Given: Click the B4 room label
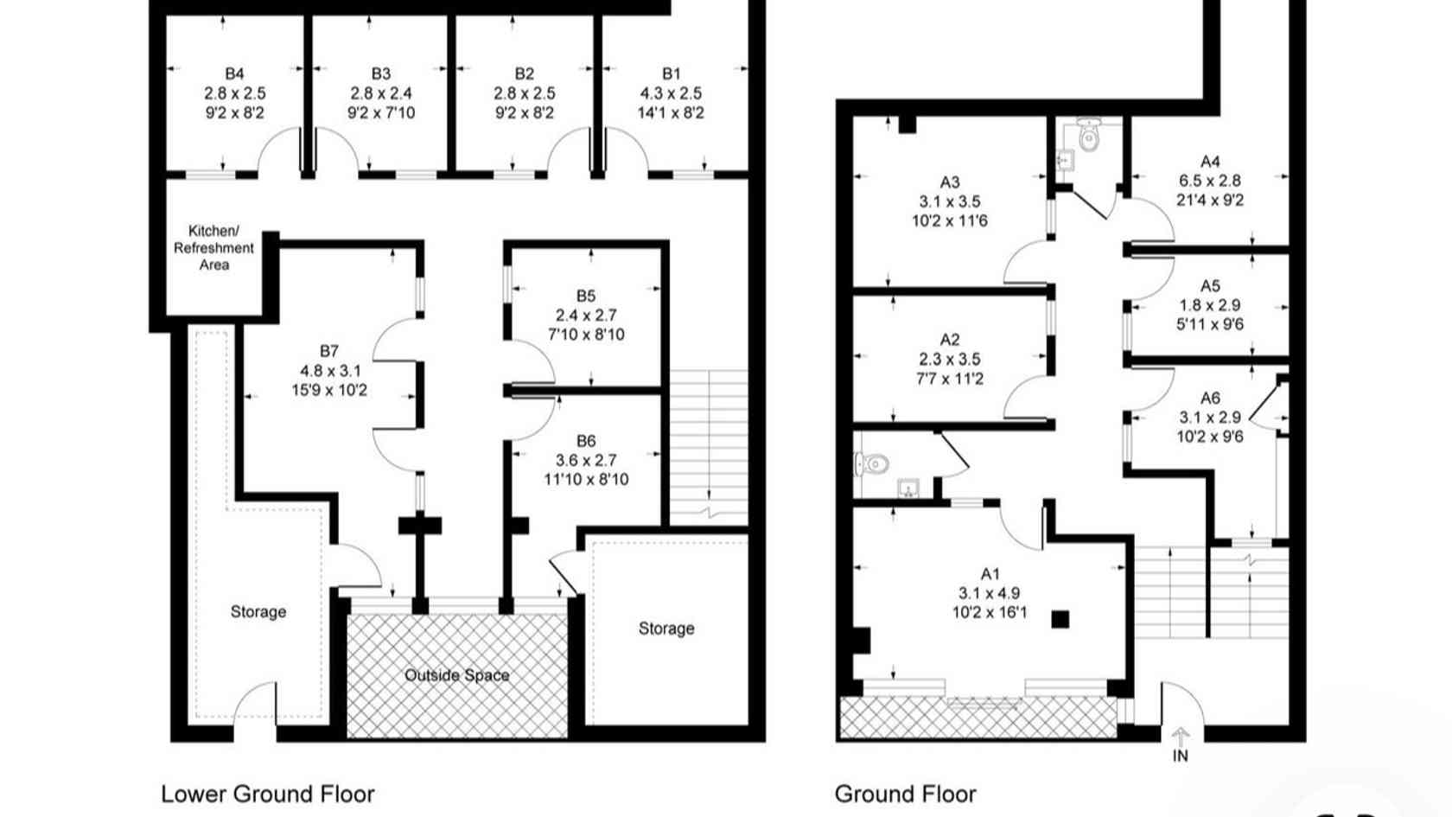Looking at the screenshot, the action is pos(235,73).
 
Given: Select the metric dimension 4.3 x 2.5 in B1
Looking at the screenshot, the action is pos(671,93).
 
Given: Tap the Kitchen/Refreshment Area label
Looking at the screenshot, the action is pos(214,247).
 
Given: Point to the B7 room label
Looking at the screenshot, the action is pos(329,351).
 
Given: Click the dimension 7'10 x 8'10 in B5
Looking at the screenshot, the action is pos(586,335).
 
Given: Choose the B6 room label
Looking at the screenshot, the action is pos(586,441).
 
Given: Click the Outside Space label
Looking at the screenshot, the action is pos(457,676).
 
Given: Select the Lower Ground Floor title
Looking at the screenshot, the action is pos(268,794).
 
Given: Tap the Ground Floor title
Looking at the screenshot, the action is pos(906,794).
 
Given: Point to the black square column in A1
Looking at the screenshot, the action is pos(1060,619).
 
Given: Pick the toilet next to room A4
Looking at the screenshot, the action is pos(1088,134).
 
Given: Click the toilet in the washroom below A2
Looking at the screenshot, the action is pos(872,463).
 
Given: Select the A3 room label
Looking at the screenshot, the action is pos(950,182).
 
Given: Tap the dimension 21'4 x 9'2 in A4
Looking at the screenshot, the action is pos(1210,201).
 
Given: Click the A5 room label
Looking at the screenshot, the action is pos(1210,286).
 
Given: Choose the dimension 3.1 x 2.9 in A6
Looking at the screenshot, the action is pos(1210,418).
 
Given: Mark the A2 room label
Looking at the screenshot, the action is pos(950,340).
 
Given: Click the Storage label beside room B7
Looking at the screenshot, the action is pos(258,612).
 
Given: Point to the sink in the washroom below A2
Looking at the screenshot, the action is pos(908,488).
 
